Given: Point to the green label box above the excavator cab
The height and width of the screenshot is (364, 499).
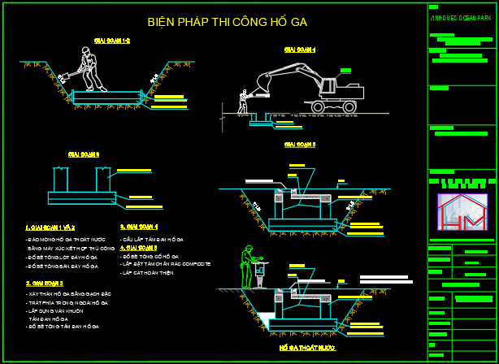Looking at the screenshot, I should [x=345, y=71].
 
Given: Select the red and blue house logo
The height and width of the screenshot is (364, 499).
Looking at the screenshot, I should [x=461, y=214].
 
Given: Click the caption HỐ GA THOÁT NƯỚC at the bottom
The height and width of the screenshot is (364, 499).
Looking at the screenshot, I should [x=306, y=348].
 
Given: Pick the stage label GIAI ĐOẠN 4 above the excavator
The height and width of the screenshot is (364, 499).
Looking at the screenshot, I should [x=299, y=50].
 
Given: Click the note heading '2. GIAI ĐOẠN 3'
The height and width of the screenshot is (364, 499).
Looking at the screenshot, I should [x=44, y=283].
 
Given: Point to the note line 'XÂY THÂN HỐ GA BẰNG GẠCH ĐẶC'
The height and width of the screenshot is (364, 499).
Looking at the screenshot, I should [x=68, y=292].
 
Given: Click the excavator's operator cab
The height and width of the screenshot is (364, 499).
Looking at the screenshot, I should [x=329, y=87].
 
